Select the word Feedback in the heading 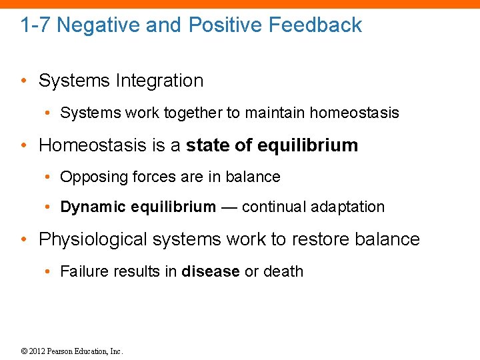[x=315, y=25]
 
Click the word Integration [x=159, y=81]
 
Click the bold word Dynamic [x=93, y=207]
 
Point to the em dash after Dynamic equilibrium [x=229, y=207]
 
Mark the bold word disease [x=210, y=271]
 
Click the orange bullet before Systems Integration [x=23, y=81]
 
